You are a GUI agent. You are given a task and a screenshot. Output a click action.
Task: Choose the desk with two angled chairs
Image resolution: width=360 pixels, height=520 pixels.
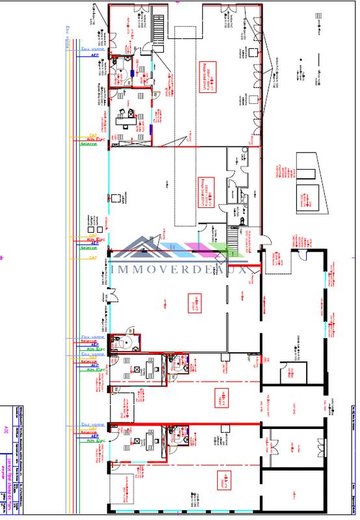[123, 118]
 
